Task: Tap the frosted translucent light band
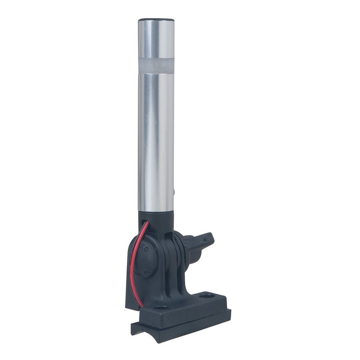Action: coord(156,64)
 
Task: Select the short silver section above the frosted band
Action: coord(156,40)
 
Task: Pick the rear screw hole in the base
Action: coord(207,297)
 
